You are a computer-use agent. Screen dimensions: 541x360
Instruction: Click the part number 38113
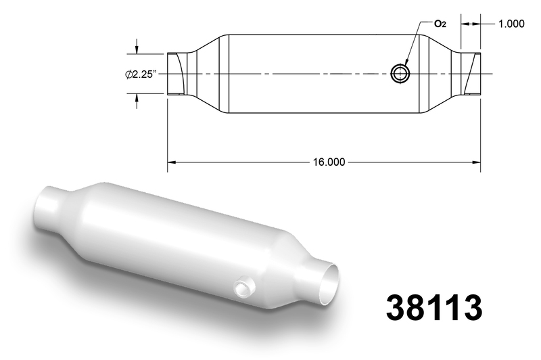click(433, 308)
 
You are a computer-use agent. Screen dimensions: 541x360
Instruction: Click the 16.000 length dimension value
click(329, 162)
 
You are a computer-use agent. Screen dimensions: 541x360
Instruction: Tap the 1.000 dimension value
click(511, 24)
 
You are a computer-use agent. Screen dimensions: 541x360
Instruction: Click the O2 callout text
click(440, 24)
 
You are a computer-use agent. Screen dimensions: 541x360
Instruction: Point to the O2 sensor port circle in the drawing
click(400, 74)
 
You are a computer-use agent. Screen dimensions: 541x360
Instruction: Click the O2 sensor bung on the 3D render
click(244, 287)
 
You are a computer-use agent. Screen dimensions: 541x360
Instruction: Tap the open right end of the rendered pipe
click(328, 284)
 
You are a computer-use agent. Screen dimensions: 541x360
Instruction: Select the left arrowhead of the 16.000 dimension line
click(172, 162)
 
